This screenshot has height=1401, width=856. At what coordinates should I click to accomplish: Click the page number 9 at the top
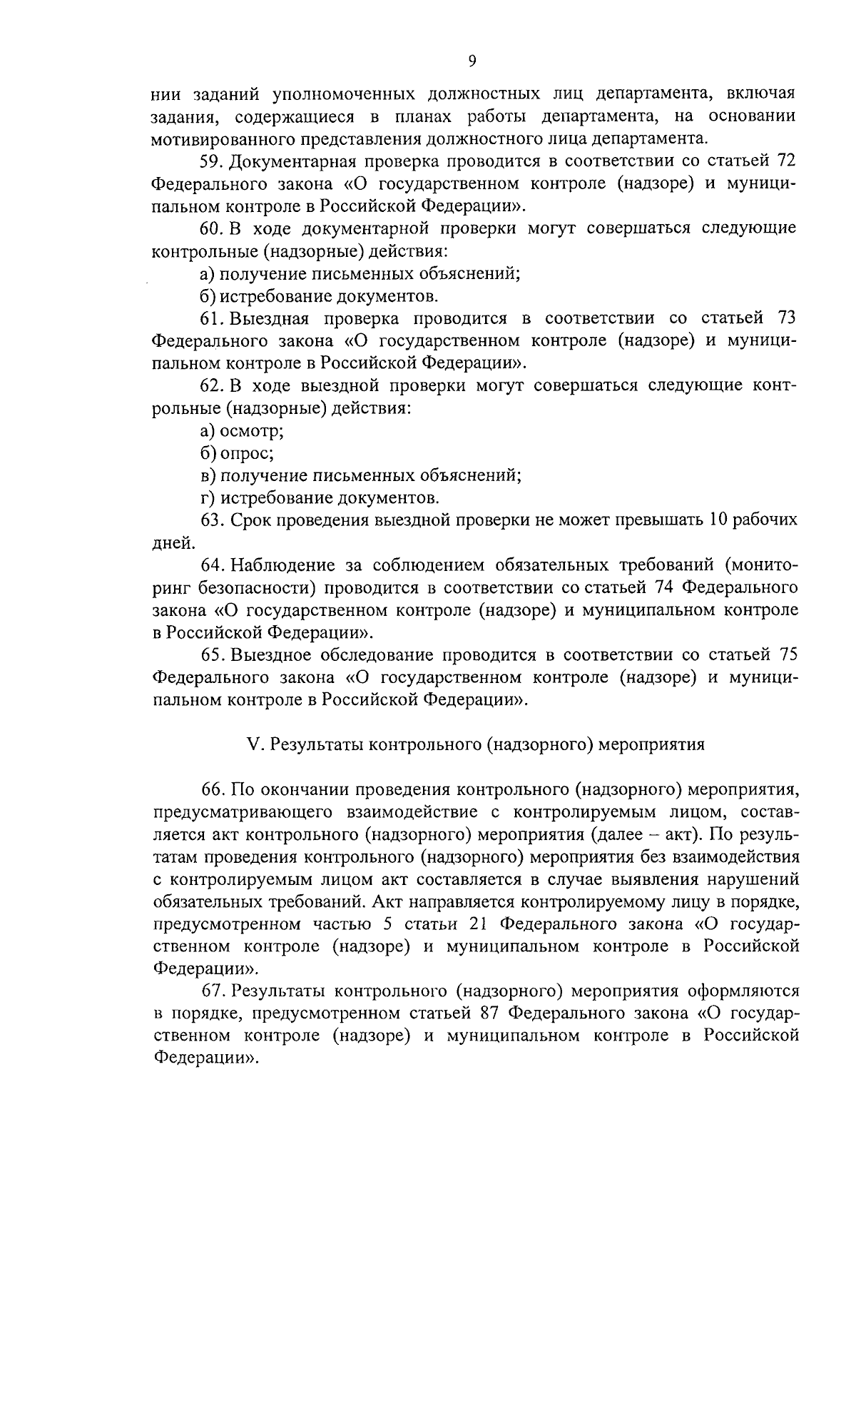click(x=472, y=61)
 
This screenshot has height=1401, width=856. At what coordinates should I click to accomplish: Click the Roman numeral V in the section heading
click(x=251, y=745)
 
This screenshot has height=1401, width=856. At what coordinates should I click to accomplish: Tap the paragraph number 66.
click(x=212, y=790)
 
